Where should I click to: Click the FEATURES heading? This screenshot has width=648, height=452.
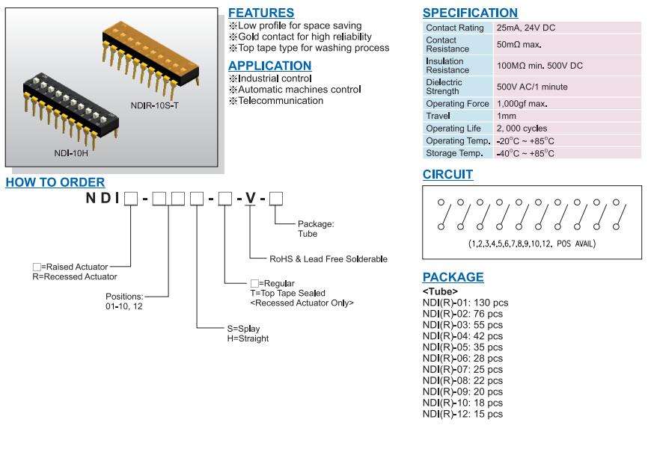click(260, 13)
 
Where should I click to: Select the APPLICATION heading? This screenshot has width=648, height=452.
click(269, 66)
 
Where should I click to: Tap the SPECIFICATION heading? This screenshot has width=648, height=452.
click(469, 13)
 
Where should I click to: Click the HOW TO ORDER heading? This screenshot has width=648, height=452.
click(55, 182)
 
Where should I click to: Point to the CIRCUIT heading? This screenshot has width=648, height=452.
click(447, 174)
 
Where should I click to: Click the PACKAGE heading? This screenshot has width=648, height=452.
click(453, 277)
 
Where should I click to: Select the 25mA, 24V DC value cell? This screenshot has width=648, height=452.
click(525, 28)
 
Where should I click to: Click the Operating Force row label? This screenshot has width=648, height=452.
click(457, 104)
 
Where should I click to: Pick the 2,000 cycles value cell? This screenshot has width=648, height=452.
click(522, 129)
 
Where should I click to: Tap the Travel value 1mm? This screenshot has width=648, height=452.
click(506, 117)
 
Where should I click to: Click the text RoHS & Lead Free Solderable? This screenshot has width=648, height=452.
click(328, 258)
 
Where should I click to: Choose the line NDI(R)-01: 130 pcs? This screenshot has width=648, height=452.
click(465, 303)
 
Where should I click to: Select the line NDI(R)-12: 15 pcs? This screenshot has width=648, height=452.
click(462, 414)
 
